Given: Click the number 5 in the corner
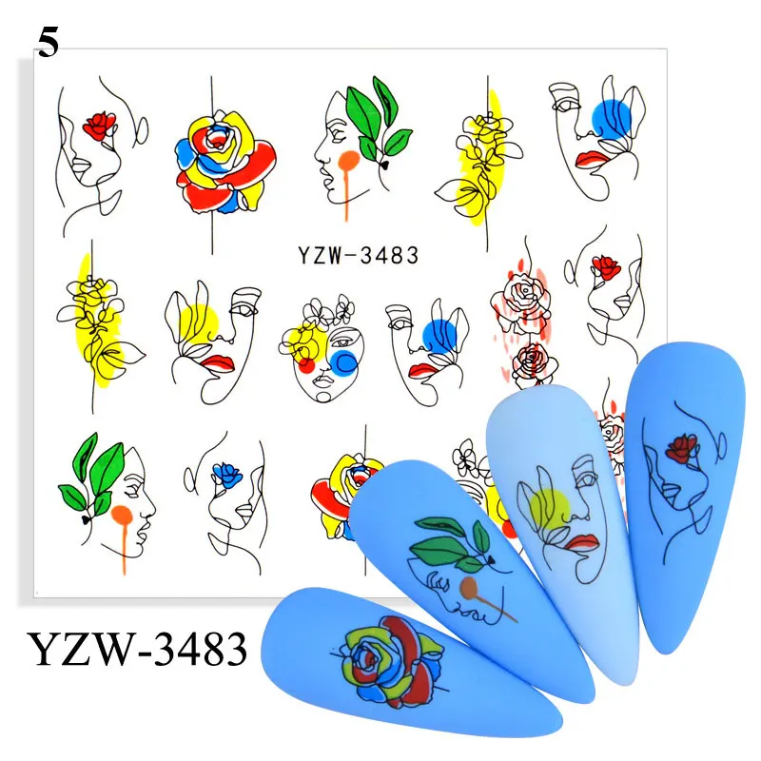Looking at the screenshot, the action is (48, 43).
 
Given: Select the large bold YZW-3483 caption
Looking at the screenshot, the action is (139, 651).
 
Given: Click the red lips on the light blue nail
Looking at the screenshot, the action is (583, 543).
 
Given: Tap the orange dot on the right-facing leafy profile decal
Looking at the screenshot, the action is (121, 517).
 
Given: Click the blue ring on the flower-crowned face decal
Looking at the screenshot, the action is (343, 361).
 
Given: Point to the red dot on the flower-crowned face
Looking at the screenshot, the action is (306, 364).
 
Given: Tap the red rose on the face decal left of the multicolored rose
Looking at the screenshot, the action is (98, 124).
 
